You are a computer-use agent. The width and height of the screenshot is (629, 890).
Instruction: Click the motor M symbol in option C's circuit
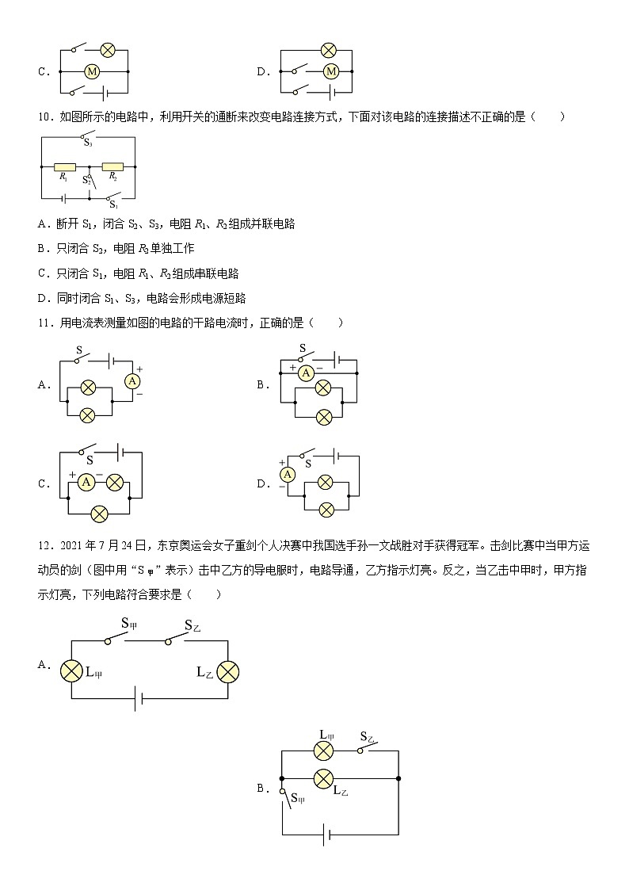point(91,71)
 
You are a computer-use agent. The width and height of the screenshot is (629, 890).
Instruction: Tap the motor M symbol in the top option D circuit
point(331,71)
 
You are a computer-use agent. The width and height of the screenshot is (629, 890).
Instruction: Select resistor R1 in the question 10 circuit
point(65,168)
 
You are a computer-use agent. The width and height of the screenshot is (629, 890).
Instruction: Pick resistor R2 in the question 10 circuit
point(113,168)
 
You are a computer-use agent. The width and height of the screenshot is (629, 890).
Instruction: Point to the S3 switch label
point(88,144)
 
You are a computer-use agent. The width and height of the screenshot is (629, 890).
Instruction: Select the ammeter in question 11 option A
point(132,381)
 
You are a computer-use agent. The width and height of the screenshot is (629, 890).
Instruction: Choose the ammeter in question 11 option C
point(88,481)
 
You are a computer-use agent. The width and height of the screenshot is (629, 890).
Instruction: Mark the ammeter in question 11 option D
point(288,474)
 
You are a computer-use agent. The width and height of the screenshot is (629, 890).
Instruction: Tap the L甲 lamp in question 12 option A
point(71,672)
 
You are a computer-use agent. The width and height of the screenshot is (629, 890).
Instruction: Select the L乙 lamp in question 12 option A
point(228,672)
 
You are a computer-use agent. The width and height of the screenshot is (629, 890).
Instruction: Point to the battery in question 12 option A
point(139,699)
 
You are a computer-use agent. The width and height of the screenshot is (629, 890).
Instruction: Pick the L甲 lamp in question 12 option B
point(323,751)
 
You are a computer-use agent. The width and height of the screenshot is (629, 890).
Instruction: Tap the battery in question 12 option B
point(326,834)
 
